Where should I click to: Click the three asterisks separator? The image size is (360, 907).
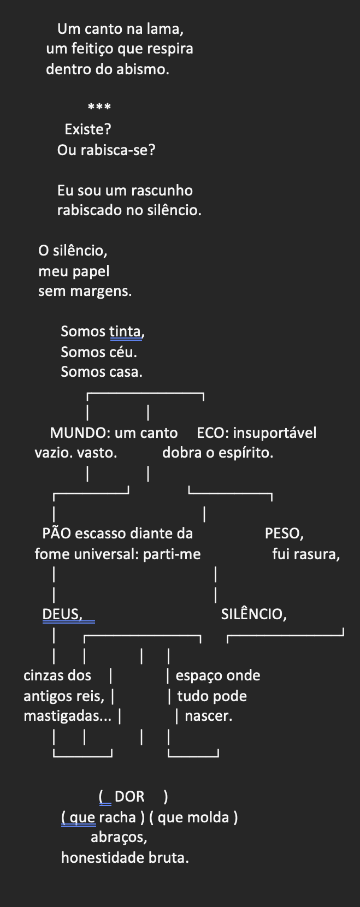[99, 107]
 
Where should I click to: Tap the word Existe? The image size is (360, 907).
[88, 129]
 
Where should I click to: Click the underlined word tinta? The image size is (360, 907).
[126, 331]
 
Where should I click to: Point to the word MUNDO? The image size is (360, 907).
[80, 433]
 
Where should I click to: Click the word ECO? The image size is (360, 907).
[213, 433]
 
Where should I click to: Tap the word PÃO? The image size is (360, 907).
[56, 533]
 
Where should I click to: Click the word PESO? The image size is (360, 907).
[284, 533]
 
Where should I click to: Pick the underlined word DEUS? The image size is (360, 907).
[62, 614]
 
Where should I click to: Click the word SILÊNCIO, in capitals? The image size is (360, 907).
[253, 614]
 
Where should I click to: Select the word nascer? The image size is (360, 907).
[208, 716]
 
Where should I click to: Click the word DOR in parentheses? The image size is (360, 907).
[129, 797]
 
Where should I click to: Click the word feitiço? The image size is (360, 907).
[91, 49]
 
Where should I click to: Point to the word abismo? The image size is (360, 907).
[144, 70]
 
